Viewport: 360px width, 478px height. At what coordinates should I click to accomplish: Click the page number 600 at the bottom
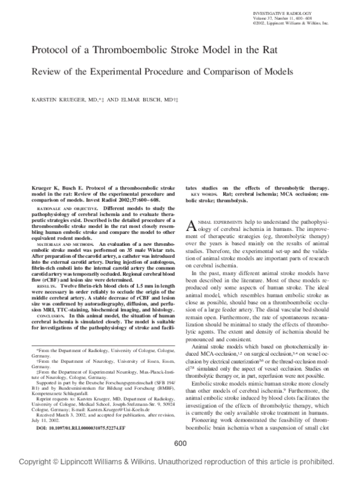click(180, 460)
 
